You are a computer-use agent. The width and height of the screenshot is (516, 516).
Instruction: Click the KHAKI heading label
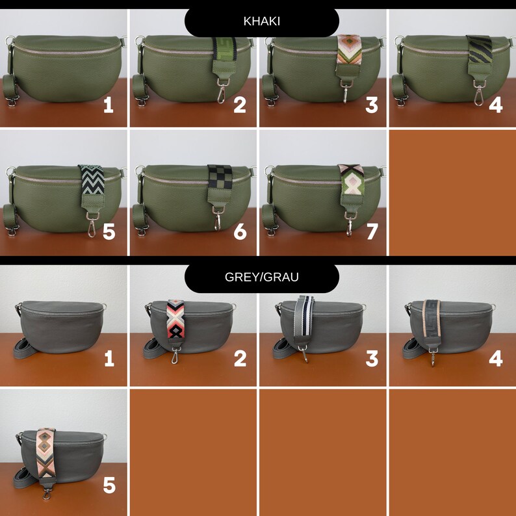(262, 21)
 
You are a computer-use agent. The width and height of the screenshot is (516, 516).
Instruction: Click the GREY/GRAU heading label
(262, 277)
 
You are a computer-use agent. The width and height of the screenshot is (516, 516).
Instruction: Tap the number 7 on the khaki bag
(372, 231)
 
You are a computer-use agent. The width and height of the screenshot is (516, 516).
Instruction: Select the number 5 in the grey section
(109, 485)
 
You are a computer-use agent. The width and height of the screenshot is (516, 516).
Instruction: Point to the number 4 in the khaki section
(496, 105)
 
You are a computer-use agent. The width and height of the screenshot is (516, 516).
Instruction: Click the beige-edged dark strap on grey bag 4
(432, 318)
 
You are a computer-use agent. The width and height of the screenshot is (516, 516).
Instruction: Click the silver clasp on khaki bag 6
(218, 218)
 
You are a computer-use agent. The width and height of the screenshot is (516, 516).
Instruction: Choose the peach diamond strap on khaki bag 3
(349, 50)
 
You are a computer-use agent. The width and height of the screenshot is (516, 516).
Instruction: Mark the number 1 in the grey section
(109, 358)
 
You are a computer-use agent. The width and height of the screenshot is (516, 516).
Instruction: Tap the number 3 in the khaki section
(372, 105)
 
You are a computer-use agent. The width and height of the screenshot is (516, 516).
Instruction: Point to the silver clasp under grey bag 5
(47, 493)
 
